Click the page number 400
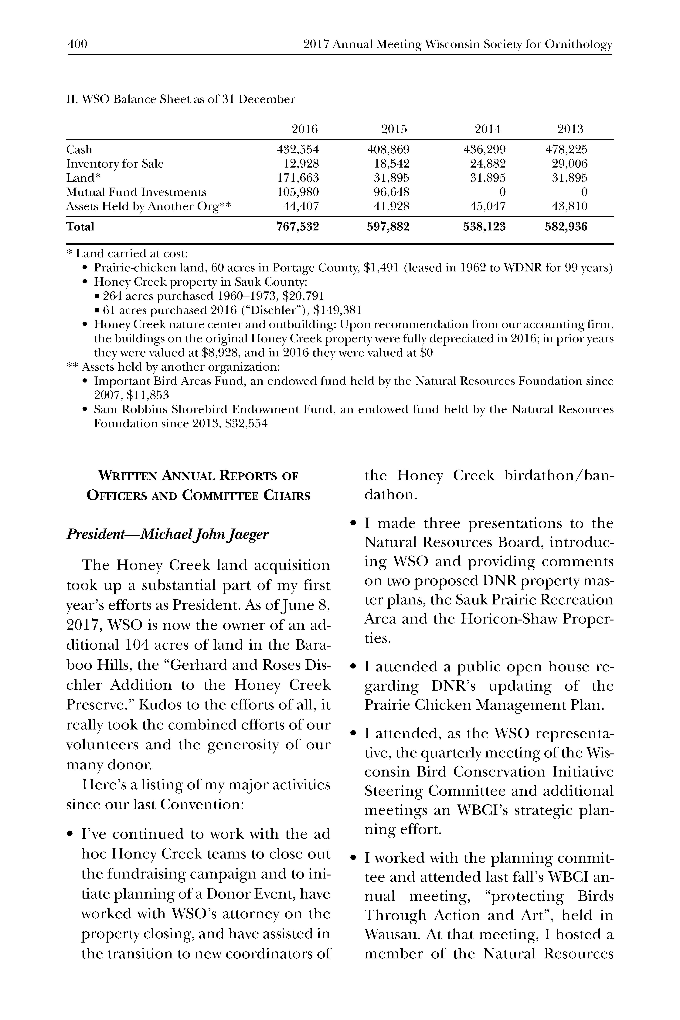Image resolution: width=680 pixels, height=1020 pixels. coord(78,44)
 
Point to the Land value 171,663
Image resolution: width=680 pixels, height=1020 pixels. coord(298,178)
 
